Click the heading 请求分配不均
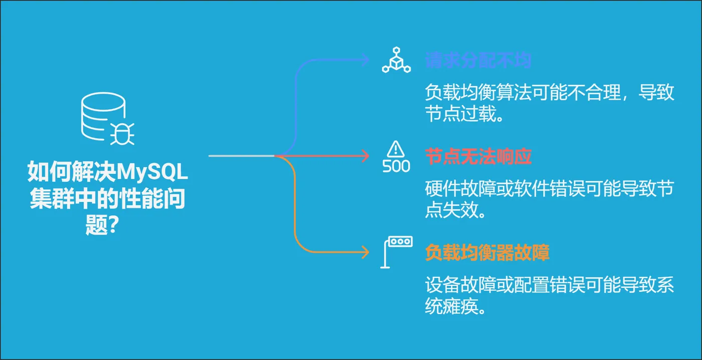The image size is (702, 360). click(x=478, y=61)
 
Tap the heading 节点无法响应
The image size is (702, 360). click(x=478, y=157)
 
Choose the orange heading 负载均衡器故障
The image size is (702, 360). click(x=487, y=253)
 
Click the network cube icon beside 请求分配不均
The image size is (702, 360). click(x=396, y=62)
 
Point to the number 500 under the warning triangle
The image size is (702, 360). click(x=396, y=166)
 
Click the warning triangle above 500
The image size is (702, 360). click(x=396, y=148)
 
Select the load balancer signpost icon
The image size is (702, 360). click(x=396, y=252)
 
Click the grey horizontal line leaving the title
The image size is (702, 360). click(x=241, y=156)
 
